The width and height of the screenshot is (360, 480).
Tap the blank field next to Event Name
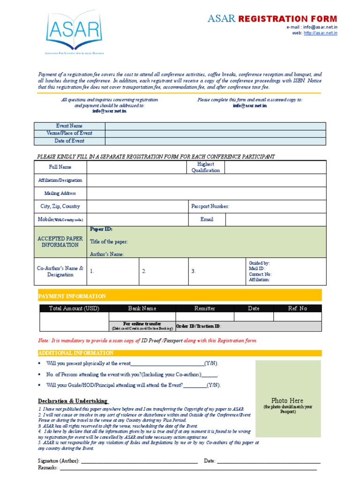pyautogui.click(x=215, y=126)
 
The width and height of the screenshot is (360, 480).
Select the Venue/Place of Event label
pyautogui.click(x=69, y=133)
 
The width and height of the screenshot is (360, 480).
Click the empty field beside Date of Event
pyautogui.click(x=215, y=141)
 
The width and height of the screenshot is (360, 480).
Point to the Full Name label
pyautogui.click(x=60, y=167)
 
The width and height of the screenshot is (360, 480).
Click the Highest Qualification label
pyautogui.click(x=205, y=167)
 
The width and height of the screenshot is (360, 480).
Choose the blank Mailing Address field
pyautogui.click(x=206, y=193)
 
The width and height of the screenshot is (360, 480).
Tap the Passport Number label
pyautogui.click(x=210, y=206)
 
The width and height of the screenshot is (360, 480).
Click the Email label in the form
pyautogui.click(x=207, y=219)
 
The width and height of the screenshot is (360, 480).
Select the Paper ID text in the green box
pyautogui.click(x=101, y=229)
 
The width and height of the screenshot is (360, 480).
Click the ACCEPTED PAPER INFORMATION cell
pyautogui.click(x=60, y=242)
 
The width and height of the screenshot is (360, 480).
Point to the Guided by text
pyautogui.click(x=259, y=263)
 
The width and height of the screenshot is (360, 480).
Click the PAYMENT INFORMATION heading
pyautogui.click(x=72, y=296)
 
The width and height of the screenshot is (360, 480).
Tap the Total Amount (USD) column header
pyautogui.click(x=74, y=308)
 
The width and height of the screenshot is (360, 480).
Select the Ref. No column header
pyautogui.click(x=297, y=308)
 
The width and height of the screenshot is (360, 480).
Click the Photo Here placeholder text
pyautogui.click(x=287, y=400)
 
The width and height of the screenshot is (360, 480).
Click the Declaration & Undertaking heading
pyautogui.click(x=73, y=401)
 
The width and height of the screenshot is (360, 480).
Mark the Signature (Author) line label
pyautogui.click(x=59, y=461)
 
